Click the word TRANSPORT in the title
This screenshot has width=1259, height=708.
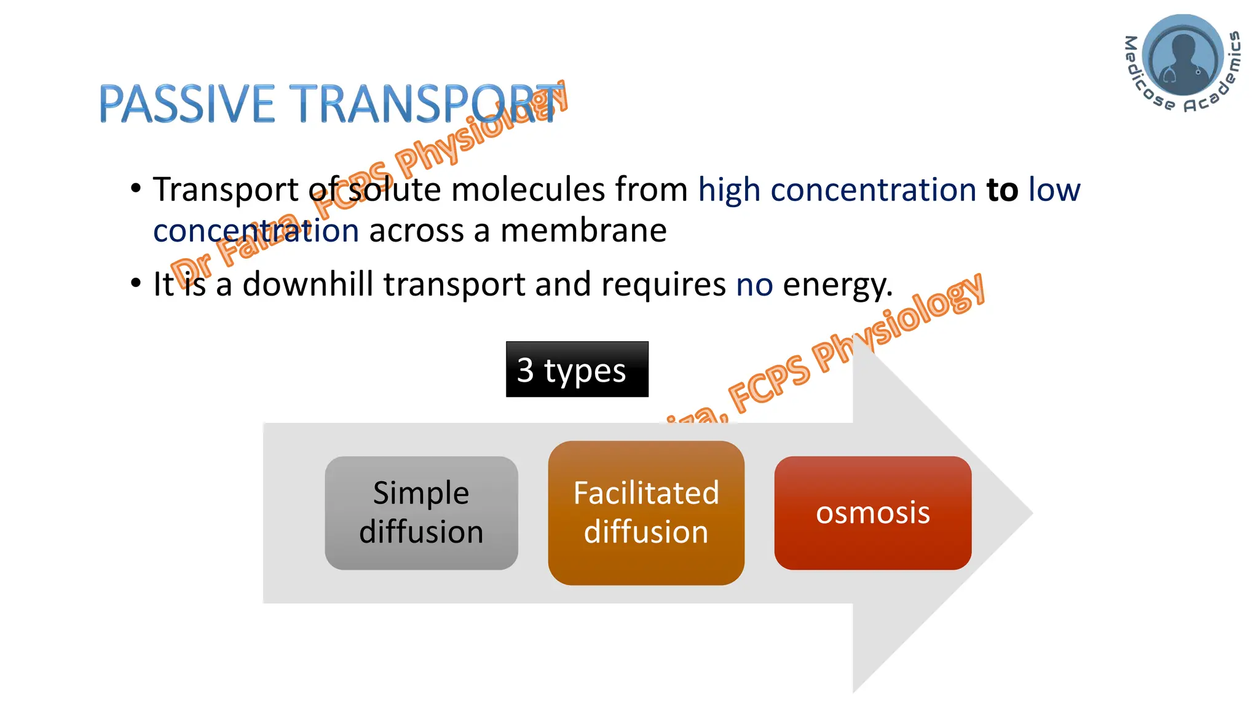(x=424, y=104)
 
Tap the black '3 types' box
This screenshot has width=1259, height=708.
(x=577, y=370)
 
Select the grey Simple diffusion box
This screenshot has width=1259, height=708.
(x=421, y=513)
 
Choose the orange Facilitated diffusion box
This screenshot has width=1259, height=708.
(x=645, y=513)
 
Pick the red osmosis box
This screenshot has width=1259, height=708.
(x=872, y=513)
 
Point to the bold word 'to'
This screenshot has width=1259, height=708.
(x=1002, y=189)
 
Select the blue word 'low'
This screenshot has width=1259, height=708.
(x=1054, y=189)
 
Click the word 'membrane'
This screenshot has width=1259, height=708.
(x=583, y=231)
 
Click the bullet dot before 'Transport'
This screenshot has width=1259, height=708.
(x=136, y=188)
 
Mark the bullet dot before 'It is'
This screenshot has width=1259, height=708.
(x=136, y=283)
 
